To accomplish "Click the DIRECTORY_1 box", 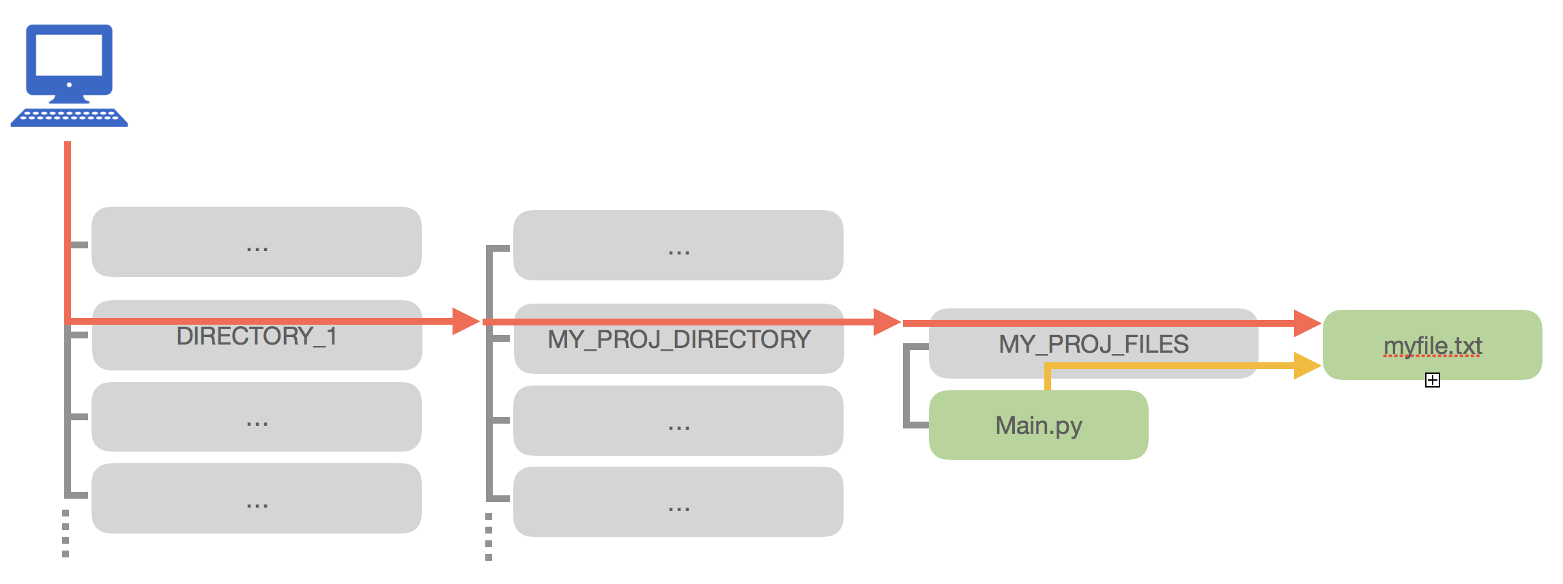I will click(x=257, y=345).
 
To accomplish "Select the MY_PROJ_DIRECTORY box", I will click(x=678, y=348).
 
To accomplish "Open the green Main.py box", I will click(x=1038, y=425).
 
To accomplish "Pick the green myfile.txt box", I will click(x=1432, y=345).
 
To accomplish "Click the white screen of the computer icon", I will click(x=69, y=55).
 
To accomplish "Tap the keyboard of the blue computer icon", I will click(x=69, y=117).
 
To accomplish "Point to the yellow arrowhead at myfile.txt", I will click(x=1306, y=366).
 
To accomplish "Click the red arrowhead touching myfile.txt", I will click(x=1306, y=323).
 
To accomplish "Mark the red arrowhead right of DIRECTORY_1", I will click(x=465, y=321).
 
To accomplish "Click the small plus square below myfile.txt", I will click(x=1432, y=380).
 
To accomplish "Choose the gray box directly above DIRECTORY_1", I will click(x=257, y=242).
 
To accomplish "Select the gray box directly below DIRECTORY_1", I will click(x=257, y=417).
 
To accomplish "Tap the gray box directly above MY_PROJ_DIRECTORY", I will click(x=678, y=246).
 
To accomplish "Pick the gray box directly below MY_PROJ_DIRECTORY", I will click(x=678, y=420).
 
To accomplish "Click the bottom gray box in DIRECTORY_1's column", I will click(x=257, y=499).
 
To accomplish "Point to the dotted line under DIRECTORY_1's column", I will click(x=66, y=534).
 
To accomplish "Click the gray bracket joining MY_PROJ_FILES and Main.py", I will click(x=906, y=386).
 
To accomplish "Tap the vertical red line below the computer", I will click(x=68, y=225).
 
